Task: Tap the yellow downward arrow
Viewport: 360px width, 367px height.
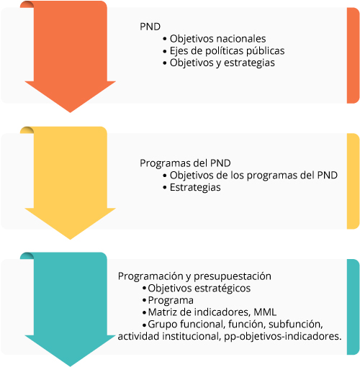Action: [70, 183]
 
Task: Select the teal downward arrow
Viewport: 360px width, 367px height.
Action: [70, 309]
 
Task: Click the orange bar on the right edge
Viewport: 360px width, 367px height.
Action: [353, 55]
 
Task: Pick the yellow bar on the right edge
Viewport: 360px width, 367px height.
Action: [353, 181]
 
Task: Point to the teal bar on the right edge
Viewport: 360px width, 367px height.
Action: [353, 307]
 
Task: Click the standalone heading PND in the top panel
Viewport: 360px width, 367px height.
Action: [150, 27]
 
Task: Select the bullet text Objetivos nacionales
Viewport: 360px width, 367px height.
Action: [217, 39]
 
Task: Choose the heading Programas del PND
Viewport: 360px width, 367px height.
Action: [185, 163]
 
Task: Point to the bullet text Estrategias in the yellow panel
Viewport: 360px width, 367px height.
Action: [195, 187]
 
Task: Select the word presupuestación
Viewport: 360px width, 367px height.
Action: [233, 276]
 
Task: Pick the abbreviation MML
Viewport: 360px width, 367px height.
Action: [265, 312]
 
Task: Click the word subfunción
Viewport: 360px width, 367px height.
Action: [296, 324]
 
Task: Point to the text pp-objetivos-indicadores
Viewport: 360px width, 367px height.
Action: [283, 336]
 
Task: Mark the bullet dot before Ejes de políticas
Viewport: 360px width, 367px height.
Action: [164, 51]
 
